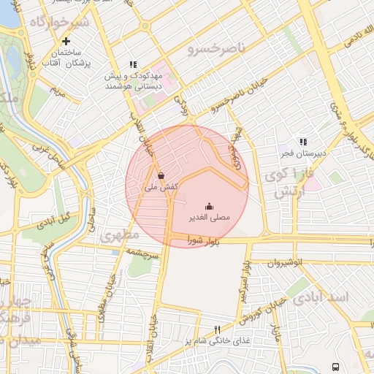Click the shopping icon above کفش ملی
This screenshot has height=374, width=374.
click(x=161, y=175)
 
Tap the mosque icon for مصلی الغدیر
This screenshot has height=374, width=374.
click(x=209, y=205)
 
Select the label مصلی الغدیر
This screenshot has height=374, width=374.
click(x=214, y=218)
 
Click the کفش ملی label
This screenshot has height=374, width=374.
click(x=159, y=188)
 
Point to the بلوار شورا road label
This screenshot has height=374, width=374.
click(x=202, y=240)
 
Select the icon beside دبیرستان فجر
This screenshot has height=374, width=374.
click(x=302, y=142)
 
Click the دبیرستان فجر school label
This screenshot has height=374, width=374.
click(x=299, y=153)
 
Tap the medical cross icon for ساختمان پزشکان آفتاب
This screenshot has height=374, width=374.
click(x=66, y=42)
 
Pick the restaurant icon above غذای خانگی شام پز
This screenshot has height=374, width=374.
click(x=216, y=329)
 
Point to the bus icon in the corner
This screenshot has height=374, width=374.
click(x=335, y=367)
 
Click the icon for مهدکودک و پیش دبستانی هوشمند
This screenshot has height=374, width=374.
click(x=132, y=65)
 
